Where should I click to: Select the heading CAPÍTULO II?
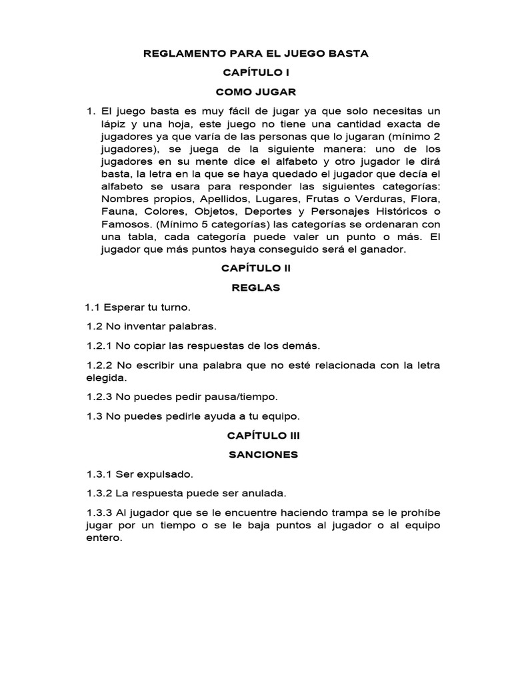(256, 269)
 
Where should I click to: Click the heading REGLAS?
(256, 288)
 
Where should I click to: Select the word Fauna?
(117, 212)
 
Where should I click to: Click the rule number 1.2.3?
(100, 396)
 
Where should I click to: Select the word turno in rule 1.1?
(174, 307)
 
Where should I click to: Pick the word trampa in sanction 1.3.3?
(340, 513)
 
